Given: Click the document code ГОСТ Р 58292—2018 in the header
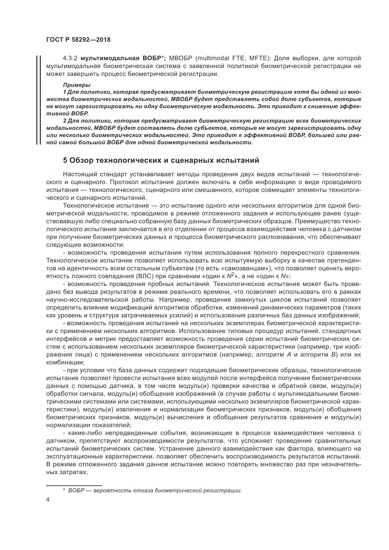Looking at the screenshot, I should click(x=78, y=40).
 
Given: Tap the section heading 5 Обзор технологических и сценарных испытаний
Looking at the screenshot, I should click(x=161, y=161).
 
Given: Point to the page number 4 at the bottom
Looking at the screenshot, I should click(x=48, y=500).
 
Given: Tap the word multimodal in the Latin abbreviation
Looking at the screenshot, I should click(x=213, y=58).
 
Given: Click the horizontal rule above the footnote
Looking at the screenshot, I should click(x=74, y=485).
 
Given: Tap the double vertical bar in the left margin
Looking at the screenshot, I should click(x=38, y=100).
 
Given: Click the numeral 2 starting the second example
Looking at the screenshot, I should click(x=65, y=121).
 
